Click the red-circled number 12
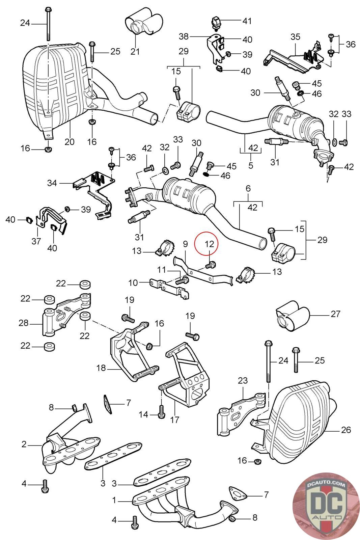[x=210, y=243]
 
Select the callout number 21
[x=135, y=52]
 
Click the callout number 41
[x=247, y=21]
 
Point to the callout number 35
[x=295, y=36]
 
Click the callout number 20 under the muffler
[x=70, y=141]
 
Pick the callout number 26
[x=346, y=430]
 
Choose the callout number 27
[x=335, y=314]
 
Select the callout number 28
[x=24, y=323]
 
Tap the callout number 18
[x=101, y=368]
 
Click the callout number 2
[x=24, y=444]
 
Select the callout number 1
[x=114, y=500]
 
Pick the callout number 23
[x=243, y=380]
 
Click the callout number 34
[x=52, y=183]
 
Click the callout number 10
[x=133, y=282]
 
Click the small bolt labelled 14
[x=161, y=411]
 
